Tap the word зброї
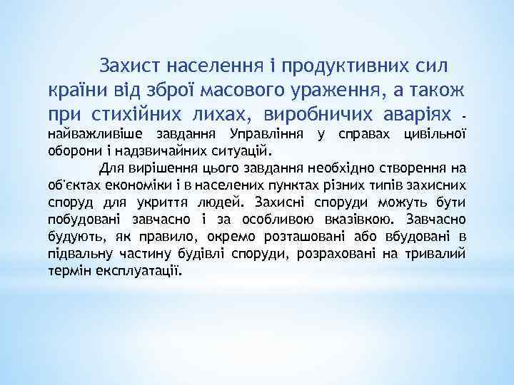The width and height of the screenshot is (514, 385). [x=169, y=91]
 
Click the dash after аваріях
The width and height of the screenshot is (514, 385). [x=463, y=115]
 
